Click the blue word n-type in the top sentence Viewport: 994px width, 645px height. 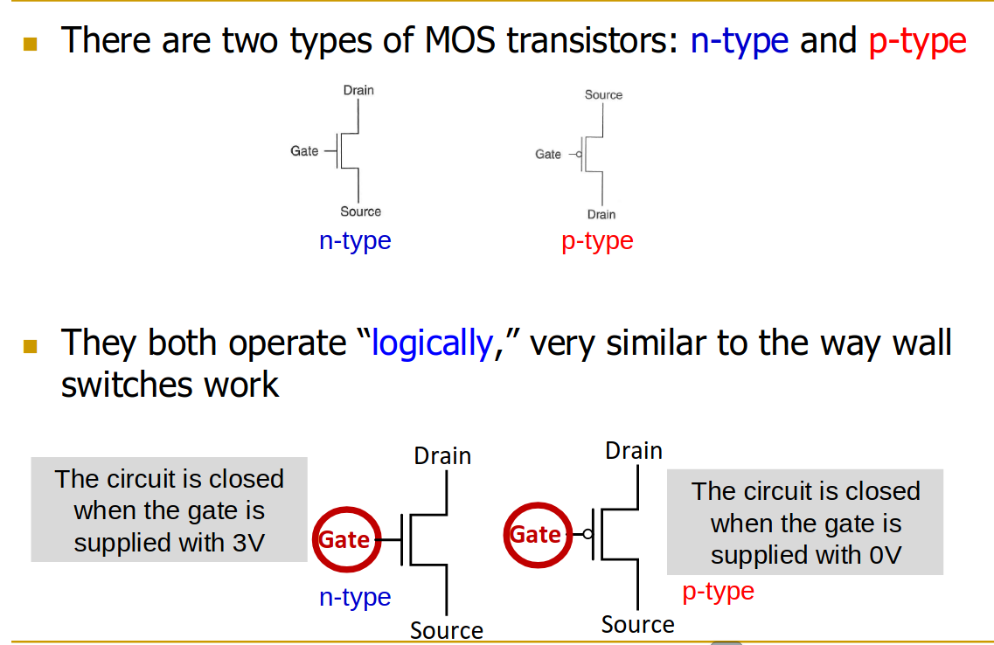coord(739,41)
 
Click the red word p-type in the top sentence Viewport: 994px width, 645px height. coord(917,41)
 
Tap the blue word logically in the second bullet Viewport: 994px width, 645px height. coord(433,343)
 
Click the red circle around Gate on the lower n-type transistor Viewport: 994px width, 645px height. coord(344,539)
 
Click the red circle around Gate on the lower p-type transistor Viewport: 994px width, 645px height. coord(536,534)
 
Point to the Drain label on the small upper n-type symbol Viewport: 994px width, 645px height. coord(358,90)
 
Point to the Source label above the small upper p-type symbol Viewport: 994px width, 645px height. coord(603,94)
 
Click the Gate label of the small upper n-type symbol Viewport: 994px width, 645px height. coord(304,151)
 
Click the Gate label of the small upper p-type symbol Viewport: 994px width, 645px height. coord(548,155)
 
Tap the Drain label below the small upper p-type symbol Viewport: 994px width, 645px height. coord(601,215)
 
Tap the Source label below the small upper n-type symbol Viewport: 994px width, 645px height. coord(360,212)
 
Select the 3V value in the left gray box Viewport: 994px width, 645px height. coord(249,543)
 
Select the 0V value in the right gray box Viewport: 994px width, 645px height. coord(886,555)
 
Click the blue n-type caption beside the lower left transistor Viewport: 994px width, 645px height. coord(355,598)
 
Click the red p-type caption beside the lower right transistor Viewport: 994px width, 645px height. coord(718,592)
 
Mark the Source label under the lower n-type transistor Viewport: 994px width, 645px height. coord(446,630)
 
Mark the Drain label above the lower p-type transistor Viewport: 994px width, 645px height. coord(634,451)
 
